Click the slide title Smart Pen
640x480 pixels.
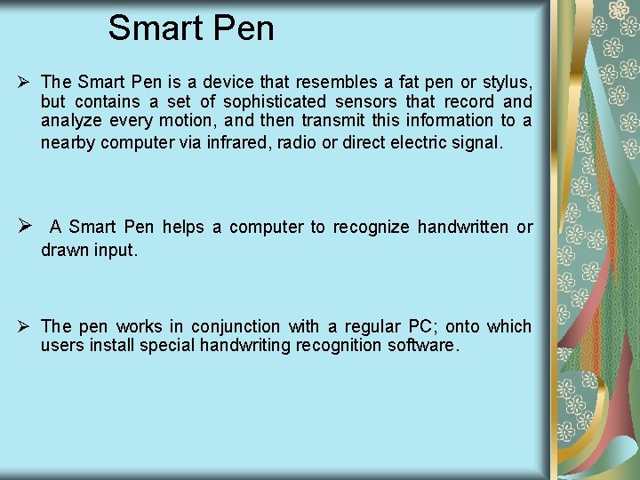pyautogui.click(x=191, y=28)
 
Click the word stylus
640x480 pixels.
pyautogui.click(x=505, y=83)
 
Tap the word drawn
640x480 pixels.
pyautogui.click(x=62, y=250)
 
